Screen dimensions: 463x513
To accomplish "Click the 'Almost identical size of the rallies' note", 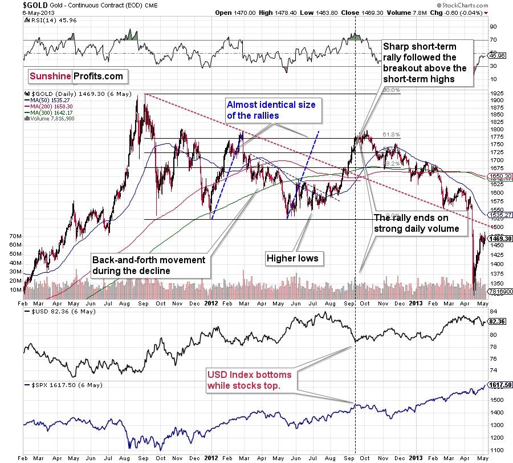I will pos(271,110).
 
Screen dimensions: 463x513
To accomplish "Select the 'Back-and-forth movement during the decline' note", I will pos(149,265).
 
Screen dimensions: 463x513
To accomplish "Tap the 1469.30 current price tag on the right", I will pos(500,239).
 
